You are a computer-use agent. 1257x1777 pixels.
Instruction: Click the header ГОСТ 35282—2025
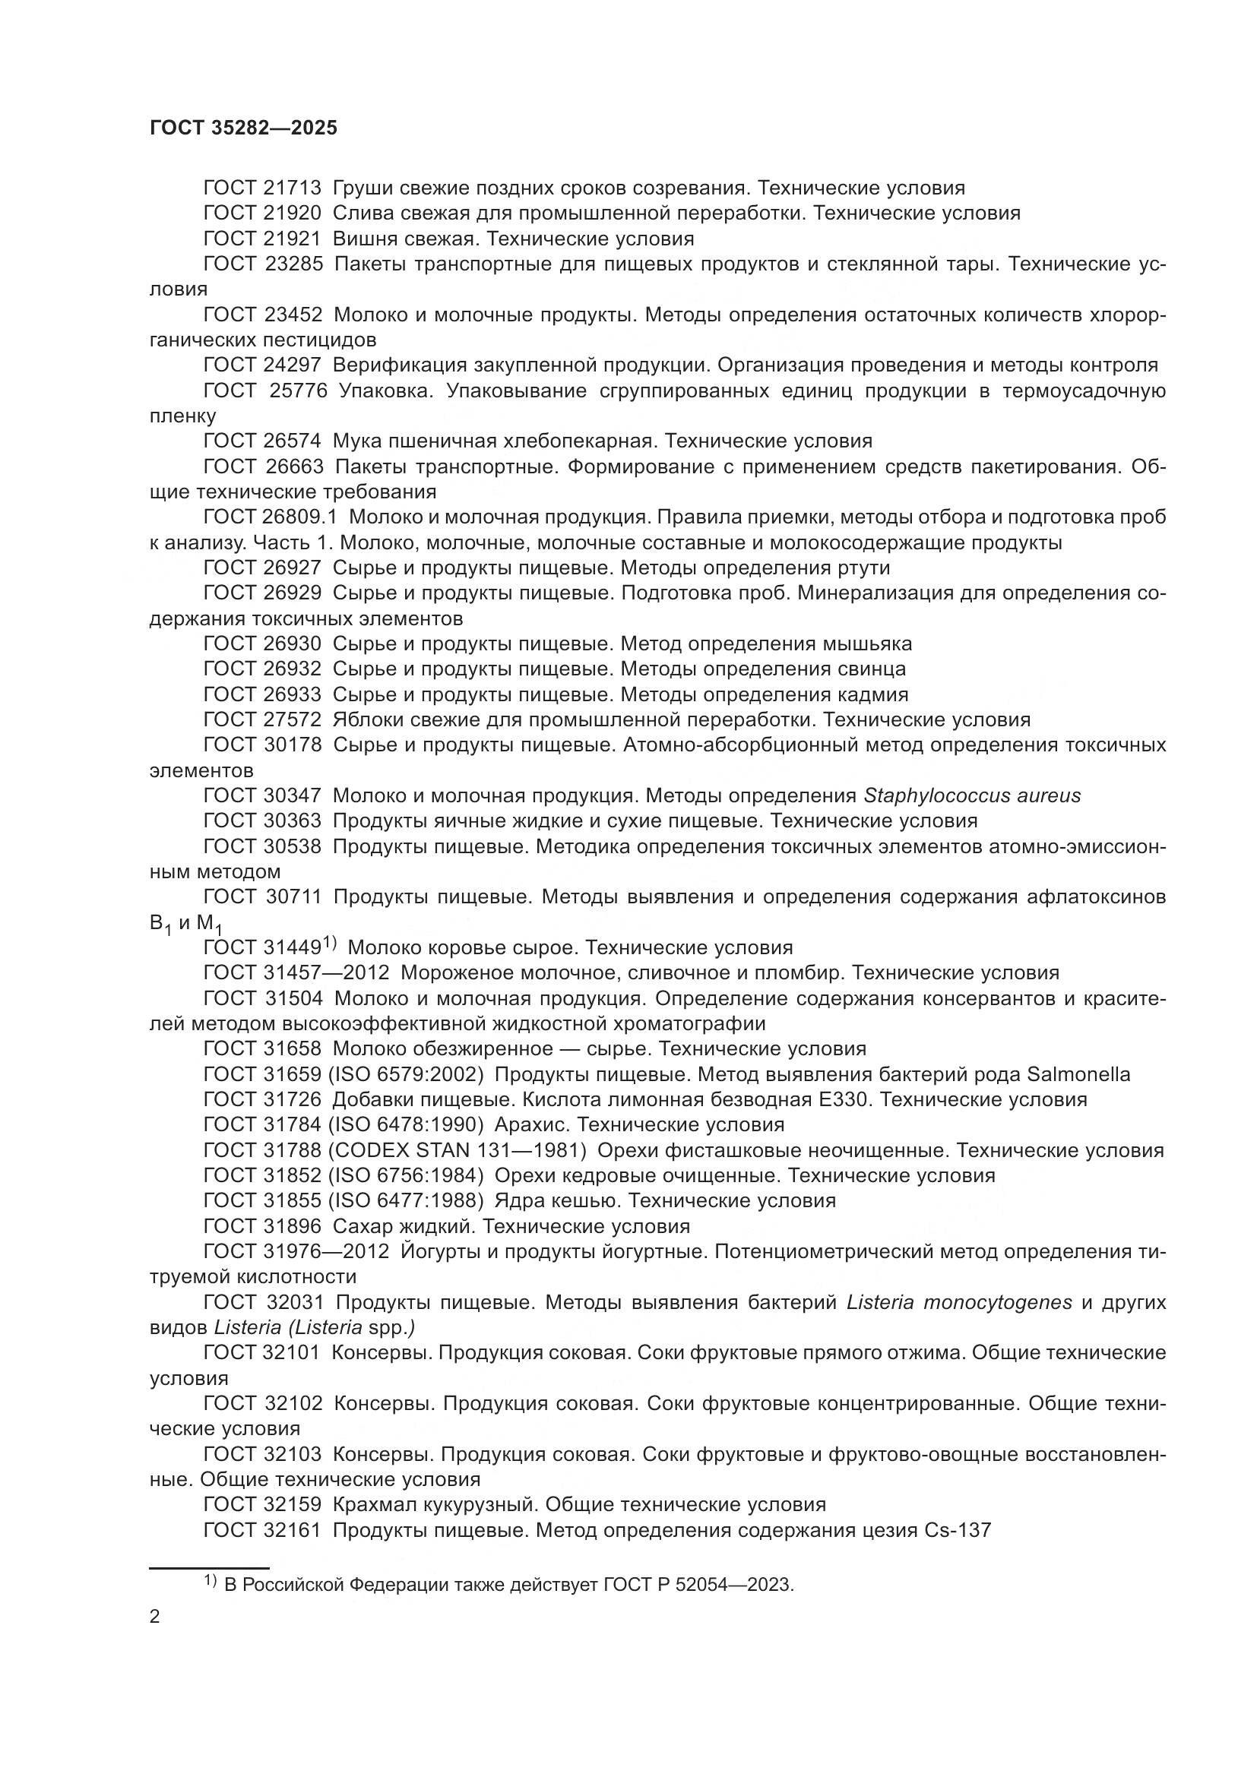click(x=243, y=128)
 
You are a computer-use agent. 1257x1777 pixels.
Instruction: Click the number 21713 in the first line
click(x=293, y=188)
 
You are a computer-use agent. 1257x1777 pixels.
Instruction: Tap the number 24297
click(x=293, y=365)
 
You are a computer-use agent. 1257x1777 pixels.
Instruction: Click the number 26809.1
click(x=302, y=517)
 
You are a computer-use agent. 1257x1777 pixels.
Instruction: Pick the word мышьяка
click(x=870, y=644)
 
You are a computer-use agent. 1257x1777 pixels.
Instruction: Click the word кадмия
click(x=870, y=694)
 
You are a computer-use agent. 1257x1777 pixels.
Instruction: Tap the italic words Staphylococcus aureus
click(x=971, y=795)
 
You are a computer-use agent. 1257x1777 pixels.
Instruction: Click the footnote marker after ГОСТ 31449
click(x=330, y=942)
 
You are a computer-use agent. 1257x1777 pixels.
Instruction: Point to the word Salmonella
click(x=1078, y=1074)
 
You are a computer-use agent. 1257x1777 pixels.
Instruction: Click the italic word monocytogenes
click(x=998, y=1303)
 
